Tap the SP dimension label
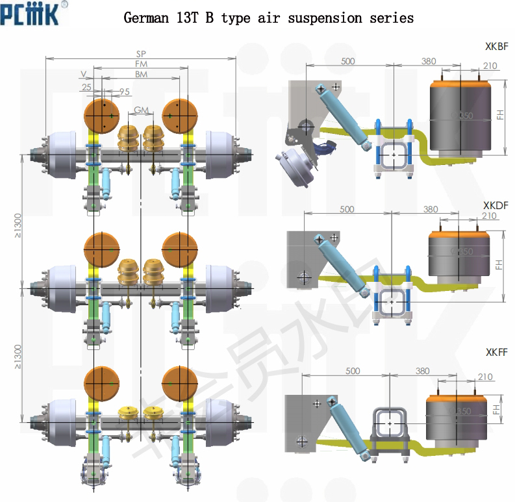141,54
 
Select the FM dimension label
141,64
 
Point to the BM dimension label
141,75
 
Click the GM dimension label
141,110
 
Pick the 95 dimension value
125,91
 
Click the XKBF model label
496,47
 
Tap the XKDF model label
496,205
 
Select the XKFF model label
496,353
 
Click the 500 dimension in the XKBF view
348,61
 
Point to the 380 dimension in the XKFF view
422,371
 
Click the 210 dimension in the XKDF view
490,216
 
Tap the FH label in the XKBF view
499,114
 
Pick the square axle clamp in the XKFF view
389,422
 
